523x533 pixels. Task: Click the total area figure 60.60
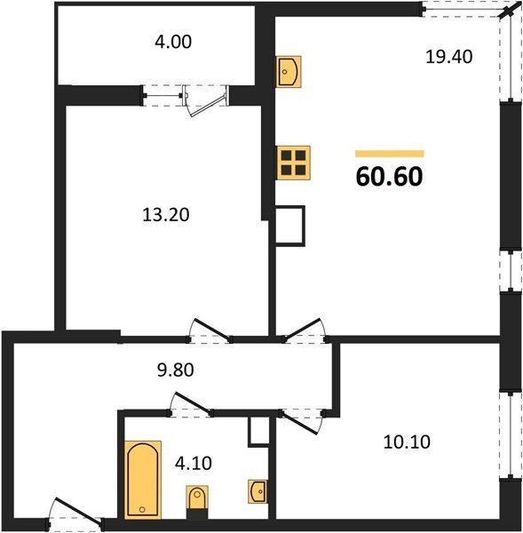click(x=389, y=176)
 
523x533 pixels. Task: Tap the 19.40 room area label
click(x=448, y=56)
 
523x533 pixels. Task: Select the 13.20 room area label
click(x=167, y=214)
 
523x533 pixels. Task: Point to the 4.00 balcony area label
click(x=173, y=41)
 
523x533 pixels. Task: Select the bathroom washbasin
click(x=258, y=490)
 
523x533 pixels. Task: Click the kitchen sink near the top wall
click(x=289, y=70)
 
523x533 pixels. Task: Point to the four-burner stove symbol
click(x=293, y=162)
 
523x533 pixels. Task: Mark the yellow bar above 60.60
click(x=389, y=153)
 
